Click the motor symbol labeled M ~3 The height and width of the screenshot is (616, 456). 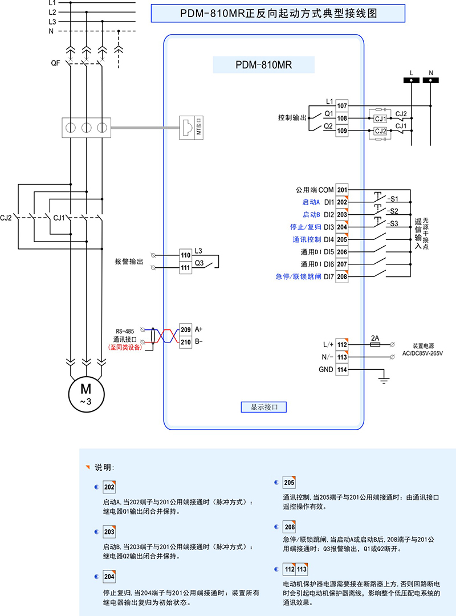[x=85, y=393]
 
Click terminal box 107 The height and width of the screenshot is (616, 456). [x=342, y=105]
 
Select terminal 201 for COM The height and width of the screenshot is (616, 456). [x=342, y=190]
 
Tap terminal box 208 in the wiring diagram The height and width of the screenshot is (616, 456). [x=342, y=277]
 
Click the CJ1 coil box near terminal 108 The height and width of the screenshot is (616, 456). [x=380, y=119]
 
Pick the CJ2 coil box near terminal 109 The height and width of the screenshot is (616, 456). [x=380, y=131]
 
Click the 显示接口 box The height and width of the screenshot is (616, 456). [x=263, y=407]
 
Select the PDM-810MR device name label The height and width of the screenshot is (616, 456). [x=263, y=65]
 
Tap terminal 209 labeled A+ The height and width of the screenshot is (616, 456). [x=185, y=329]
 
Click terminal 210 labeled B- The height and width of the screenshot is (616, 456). [x=185, y=342]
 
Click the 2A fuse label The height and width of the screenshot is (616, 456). [x=375, y=337]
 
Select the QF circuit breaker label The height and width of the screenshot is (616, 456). [x=55, y=63]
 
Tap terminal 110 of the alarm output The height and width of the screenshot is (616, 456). [x=185, y=255]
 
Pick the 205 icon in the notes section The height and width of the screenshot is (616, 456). [x=289, y=483]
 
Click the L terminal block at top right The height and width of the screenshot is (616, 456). [x=412, y=81]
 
